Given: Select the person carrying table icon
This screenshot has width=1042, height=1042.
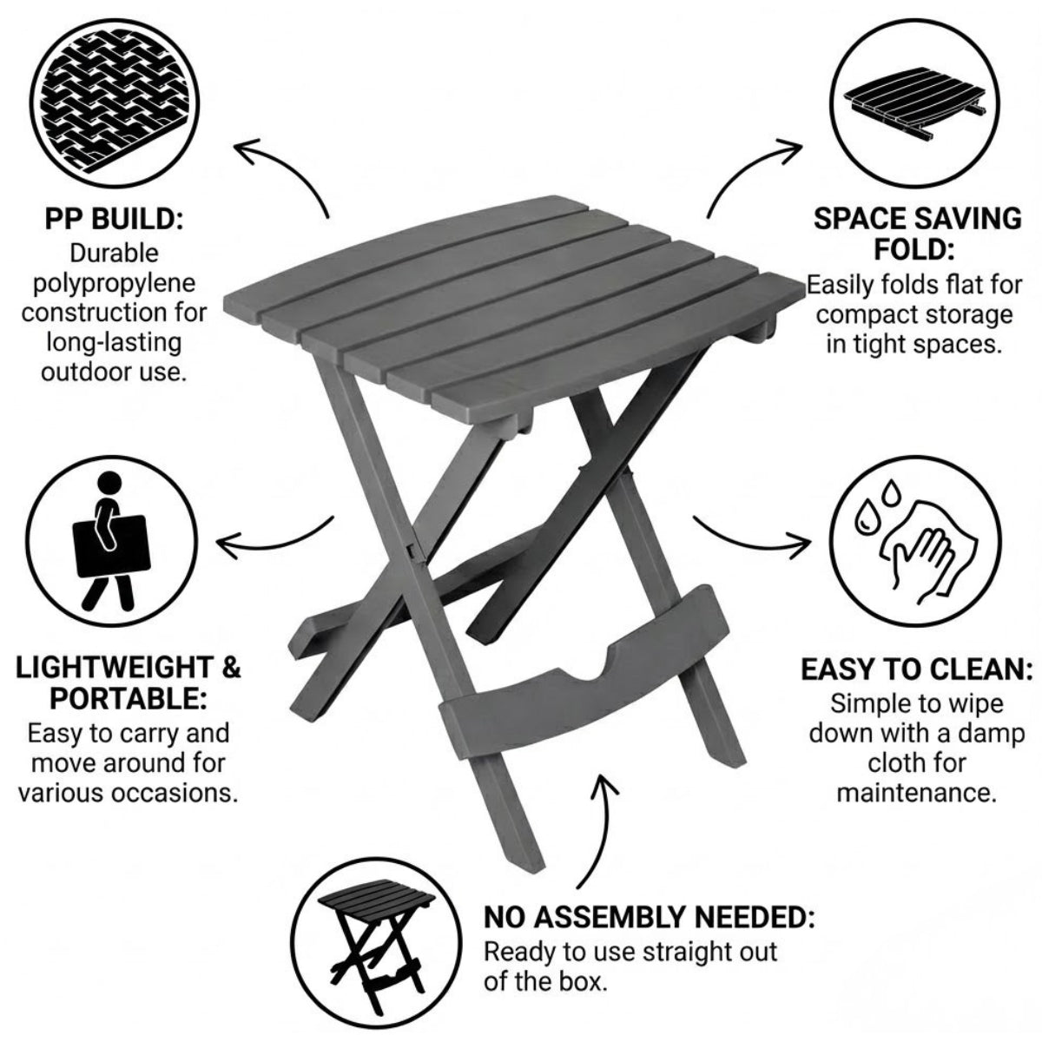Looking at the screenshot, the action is pos(111,541).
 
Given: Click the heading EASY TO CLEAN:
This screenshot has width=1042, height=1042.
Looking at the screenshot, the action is pos(916,669).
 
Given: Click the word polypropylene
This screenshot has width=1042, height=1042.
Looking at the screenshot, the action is pos(114,285).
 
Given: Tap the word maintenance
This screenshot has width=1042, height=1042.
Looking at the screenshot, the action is pos(917,793).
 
